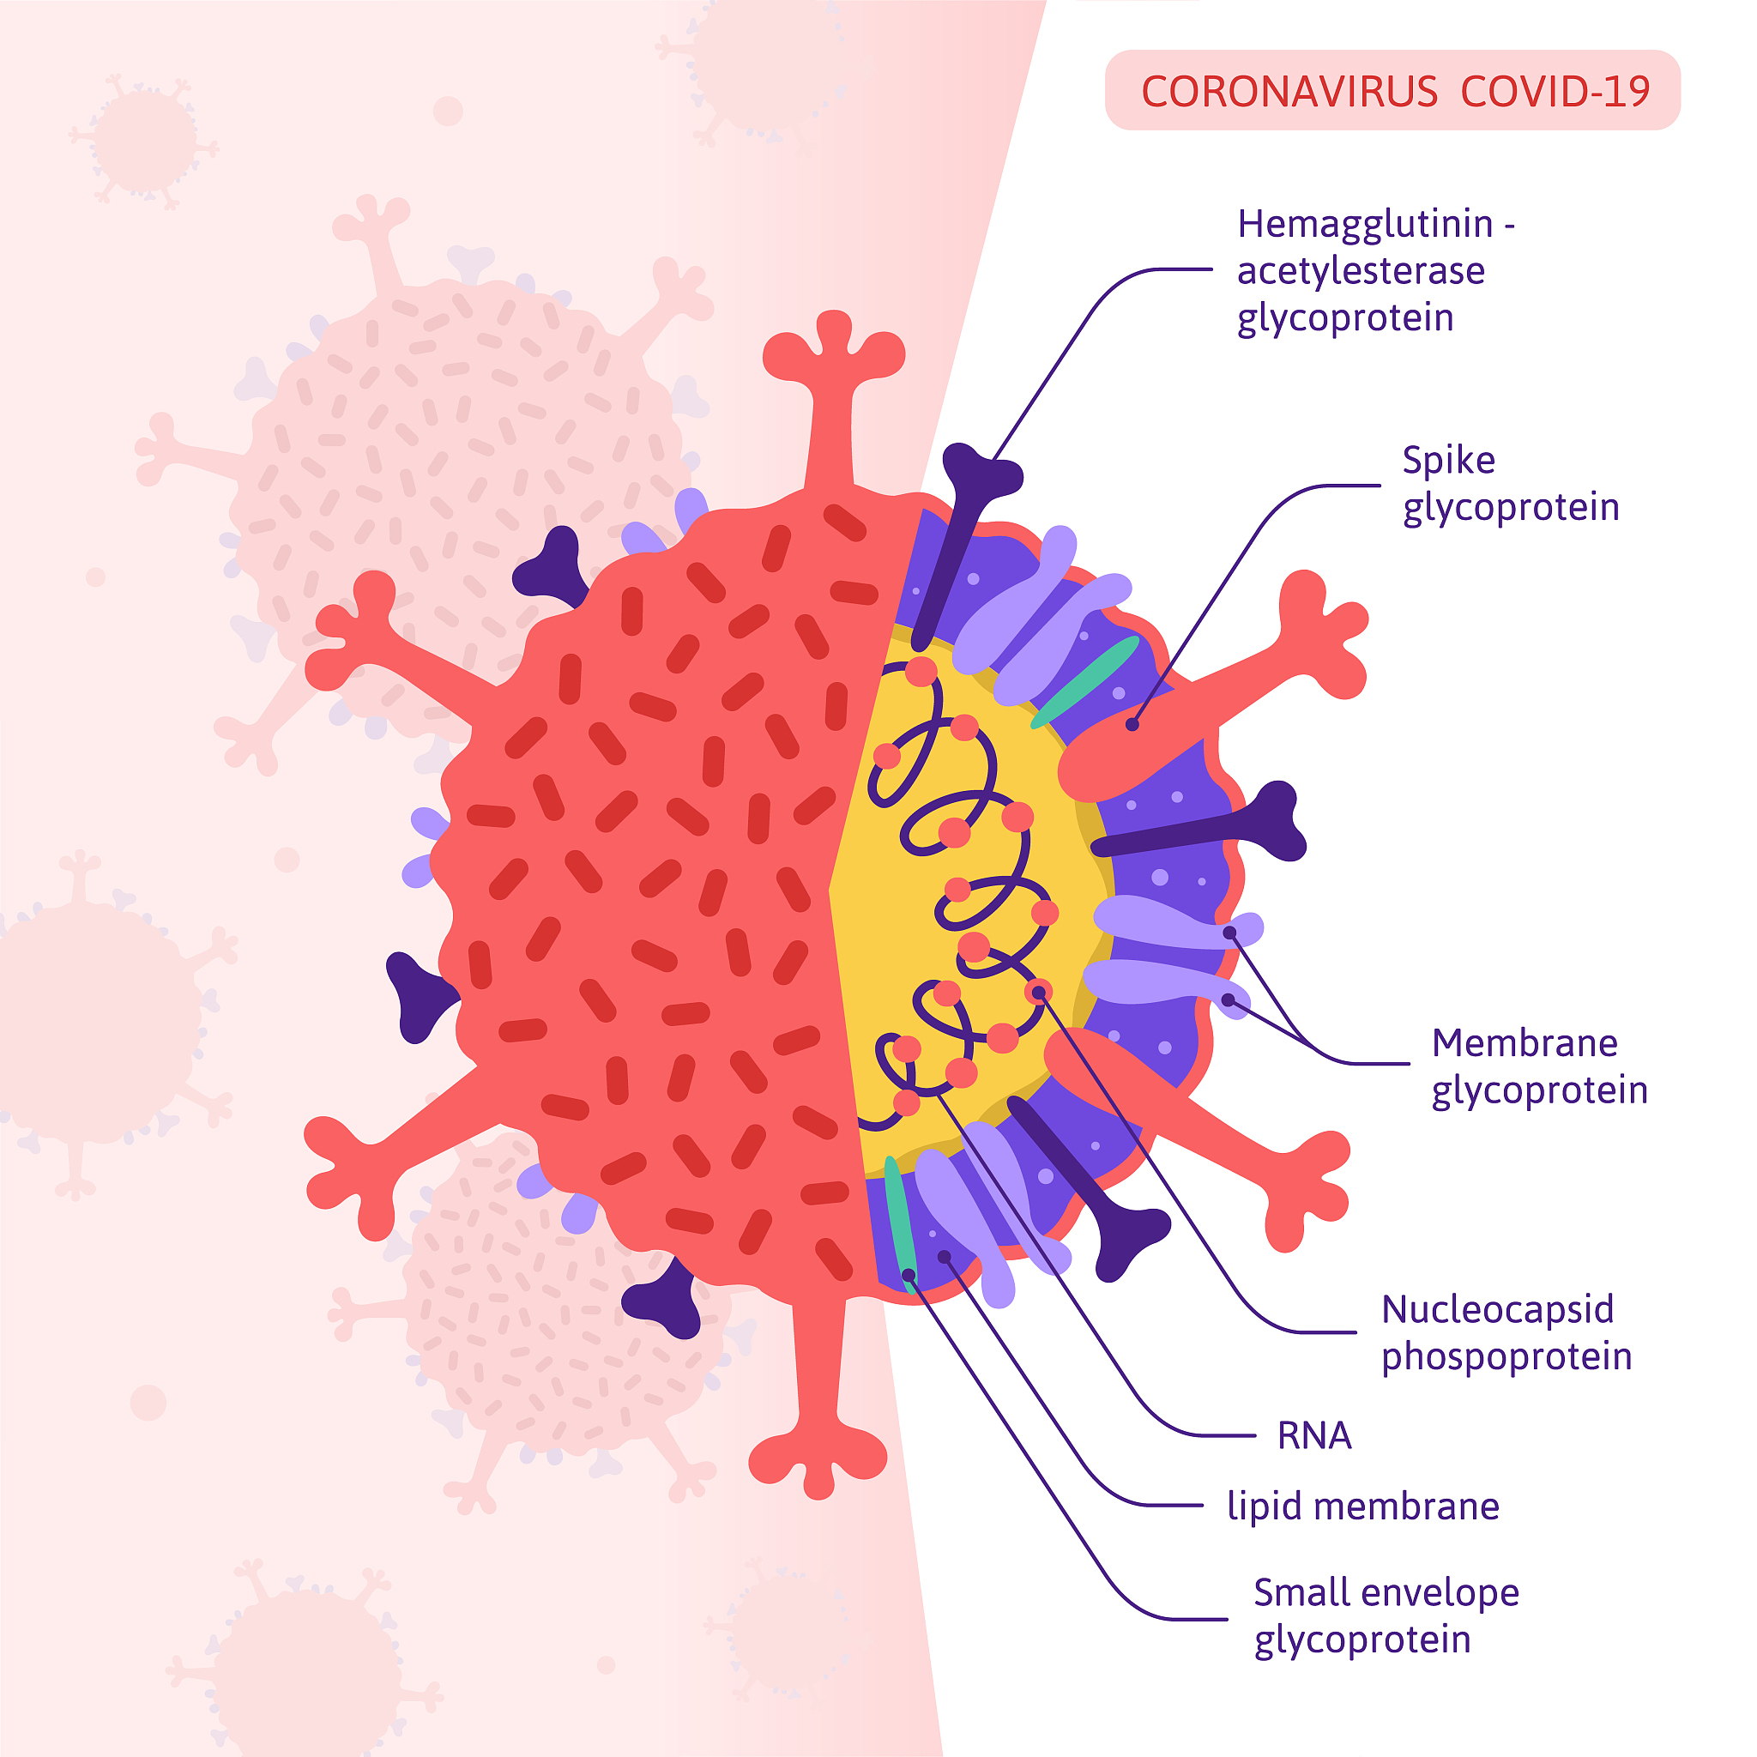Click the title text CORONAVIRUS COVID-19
click(x=1395, y=91)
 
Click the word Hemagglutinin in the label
click(x=1365, y=225)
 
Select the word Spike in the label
click(x=1448, y=460)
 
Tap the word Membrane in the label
click(x=1525, y=1043)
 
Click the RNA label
click(x=1314, y=1436)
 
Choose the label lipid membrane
click(x=1362, y=1506)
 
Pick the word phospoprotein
click(x=1506, y=1357)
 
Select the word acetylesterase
click(x=1361, y=271)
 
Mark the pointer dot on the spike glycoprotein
click(x=1132, y=725)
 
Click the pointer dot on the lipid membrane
click(x=944, y=1257)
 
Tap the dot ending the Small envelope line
click(x=908, y=1276)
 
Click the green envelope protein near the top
click(x=1085, y=682)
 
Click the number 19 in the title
click(x=1626, y=91)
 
